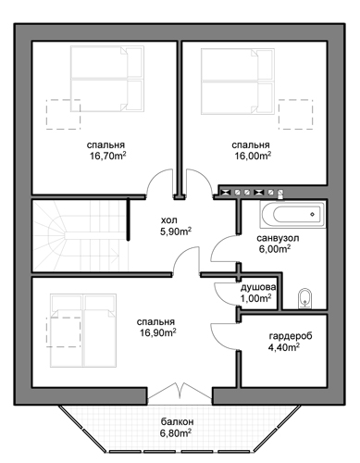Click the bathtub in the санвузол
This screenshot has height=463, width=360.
point(292,215)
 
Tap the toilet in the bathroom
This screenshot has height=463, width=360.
point(305,298)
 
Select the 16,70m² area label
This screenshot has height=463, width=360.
point(108,156)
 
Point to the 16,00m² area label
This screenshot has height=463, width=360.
point(253,156)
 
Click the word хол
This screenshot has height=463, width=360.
point(168,220)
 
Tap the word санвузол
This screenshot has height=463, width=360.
point(278,238)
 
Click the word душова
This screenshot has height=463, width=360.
point(258,287)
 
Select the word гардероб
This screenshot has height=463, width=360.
point(291,336)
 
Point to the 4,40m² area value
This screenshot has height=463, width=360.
point(284,347)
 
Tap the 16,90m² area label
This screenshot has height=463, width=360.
point(157,332)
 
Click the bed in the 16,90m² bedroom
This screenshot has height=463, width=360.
point(83,331)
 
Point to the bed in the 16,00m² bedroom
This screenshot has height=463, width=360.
point(238,81)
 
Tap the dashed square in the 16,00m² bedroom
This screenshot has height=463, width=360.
point(296,114)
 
